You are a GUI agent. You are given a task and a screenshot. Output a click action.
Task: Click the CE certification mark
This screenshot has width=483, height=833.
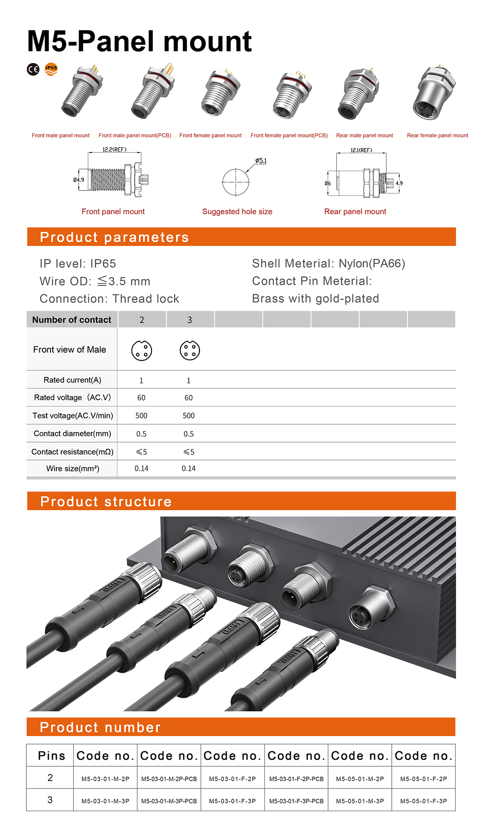[33, 69]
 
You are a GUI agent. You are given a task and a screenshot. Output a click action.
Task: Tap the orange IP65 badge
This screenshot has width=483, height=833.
[51, 69]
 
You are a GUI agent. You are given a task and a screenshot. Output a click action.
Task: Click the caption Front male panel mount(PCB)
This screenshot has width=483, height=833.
[135, 135]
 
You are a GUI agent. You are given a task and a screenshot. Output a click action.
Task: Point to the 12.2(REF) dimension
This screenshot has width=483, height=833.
[114, 149]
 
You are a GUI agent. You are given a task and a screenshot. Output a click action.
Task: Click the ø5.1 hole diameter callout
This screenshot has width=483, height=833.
[261, 161]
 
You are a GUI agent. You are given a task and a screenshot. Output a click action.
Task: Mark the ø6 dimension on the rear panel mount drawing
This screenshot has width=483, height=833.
[328, 183]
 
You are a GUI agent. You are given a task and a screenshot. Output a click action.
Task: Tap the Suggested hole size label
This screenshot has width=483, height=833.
[237, 211]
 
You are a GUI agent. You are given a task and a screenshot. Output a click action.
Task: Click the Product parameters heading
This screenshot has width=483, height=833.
[114, 237]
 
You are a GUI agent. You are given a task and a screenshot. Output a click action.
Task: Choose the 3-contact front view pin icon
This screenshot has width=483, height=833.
[190, 351]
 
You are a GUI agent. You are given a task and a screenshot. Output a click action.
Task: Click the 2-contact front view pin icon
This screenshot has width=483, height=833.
[142, 351]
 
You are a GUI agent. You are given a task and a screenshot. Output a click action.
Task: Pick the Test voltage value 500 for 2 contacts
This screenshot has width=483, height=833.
[141, 415]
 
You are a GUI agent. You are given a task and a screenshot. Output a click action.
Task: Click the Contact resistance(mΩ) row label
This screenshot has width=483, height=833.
[72, 452]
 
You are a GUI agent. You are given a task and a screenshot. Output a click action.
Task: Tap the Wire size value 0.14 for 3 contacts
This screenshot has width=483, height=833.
[189, 469]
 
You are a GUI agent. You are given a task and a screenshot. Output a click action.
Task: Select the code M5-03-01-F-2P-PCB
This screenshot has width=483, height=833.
[296, 779]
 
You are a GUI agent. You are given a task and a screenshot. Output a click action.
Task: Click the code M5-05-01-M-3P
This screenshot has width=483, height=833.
[360, 801]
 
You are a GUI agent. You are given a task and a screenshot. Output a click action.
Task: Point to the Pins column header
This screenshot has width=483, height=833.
[51, 756]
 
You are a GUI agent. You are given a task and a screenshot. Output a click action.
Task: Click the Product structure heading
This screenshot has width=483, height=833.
[106, 502]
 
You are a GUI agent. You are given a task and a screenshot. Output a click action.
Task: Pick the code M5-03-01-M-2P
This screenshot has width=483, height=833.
[106, 779]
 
